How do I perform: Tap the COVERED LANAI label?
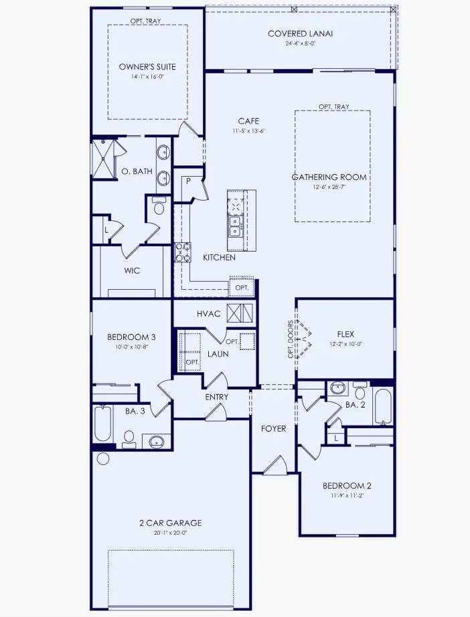pyautogui.click(x=300, y=33)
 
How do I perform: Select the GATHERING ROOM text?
pyautogui.click(x=329, y=177)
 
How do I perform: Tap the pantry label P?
pyautogui.click(x=189, y=181)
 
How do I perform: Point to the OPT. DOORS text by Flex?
pyautogui.click(x=291, y=340)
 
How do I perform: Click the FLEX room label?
pyautogui.click(x=345, y=334)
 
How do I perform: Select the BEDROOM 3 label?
pyautogui.click(x=131, y=337)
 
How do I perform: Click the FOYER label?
pyautogui.click(x=272, y=428)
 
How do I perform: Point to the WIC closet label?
pyautogui.click(x=131, y=272)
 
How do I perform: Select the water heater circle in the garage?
pyautogui.click(x=102, y=459)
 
